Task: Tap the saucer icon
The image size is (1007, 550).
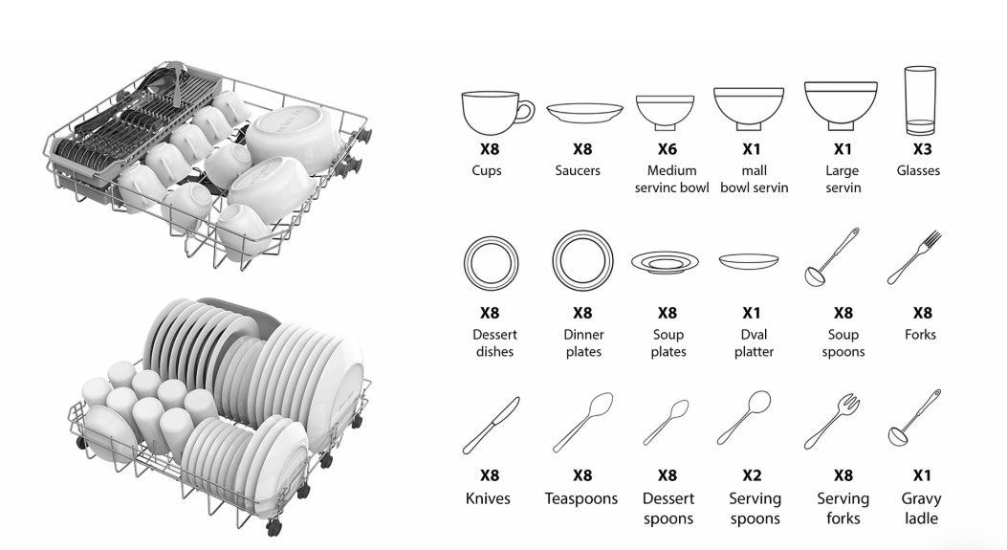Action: pos(583,113)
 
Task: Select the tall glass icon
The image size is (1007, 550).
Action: pos(918,100)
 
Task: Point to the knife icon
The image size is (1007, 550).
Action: pos(491,425)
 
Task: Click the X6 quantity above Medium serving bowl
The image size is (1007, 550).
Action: pos(668,149)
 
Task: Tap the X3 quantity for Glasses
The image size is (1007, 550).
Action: pos(921,149)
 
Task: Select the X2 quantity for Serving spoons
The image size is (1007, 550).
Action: pos(752,475)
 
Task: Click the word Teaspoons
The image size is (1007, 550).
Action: pos(581,498)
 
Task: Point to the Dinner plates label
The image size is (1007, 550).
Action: pos(582,343)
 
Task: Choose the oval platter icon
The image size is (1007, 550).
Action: pos(749,259)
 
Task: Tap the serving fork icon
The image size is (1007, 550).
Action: pos(831,422)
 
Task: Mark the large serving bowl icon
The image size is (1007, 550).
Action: pos(840,105)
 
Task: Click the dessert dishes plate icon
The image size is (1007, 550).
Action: pos(492,261)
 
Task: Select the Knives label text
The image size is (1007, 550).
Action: pos(488,498)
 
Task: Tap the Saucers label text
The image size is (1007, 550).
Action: pos(578,170)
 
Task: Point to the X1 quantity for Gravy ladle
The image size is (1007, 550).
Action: pos(922,475)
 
